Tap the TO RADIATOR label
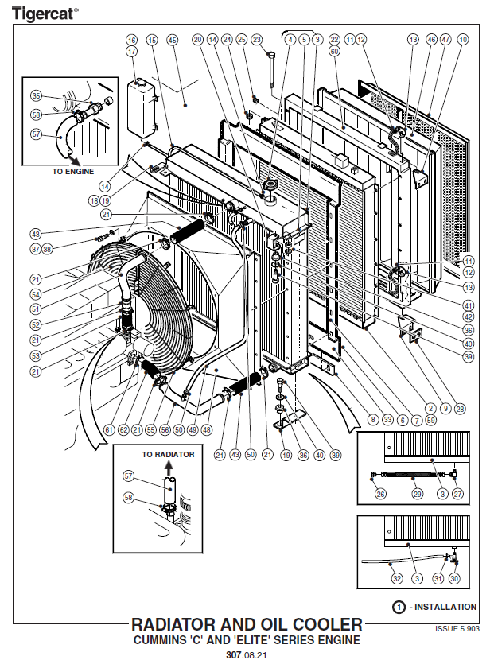coord(168,454)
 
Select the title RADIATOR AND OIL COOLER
coord(246,625)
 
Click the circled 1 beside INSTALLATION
coord(398,607)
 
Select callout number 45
coord(173,40)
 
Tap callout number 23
coord(256,40)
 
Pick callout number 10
coord(463,40)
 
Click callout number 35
coord(35,96)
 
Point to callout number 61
coord(108,430)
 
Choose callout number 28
coord(460,409)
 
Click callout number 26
coord(381,494)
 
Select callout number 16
coord(131,40)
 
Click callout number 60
coord(335,51)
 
